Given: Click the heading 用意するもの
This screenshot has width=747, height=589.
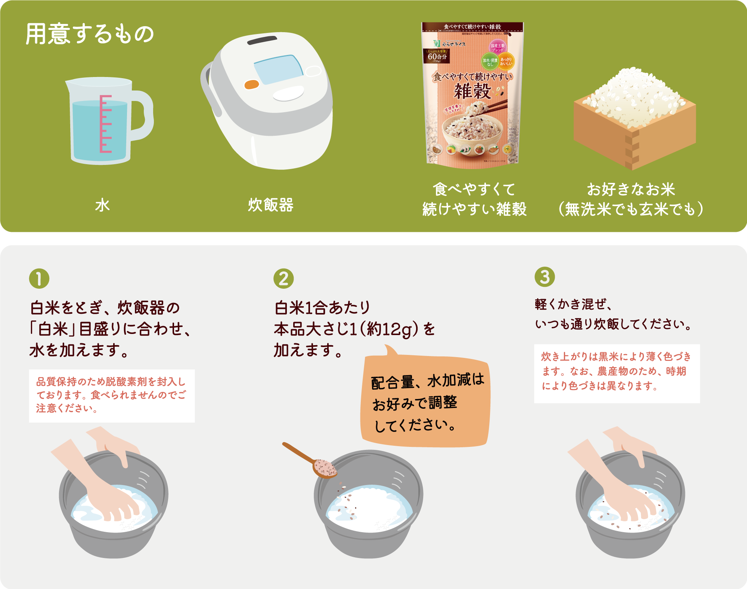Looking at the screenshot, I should [x=90, y=34].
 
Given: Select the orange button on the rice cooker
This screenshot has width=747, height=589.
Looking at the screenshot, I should [x=251, y=85].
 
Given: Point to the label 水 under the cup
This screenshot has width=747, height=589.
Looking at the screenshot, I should [x=102, y=205].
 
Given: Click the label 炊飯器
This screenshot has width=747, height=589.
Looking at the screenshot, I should [x=271, y=205].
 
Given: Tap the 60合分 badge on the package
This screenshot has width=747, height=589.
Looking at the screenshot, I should [x=437, y=56].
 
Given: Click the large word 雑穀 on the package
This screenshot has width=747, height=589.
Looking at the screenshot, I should [x=472, y=91].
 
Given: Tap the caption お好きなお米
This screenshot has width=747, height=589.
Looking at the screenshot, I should [x=631, y=189].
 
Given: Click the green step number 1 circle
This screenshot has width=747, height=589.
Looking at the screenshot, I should [x=39, y=279].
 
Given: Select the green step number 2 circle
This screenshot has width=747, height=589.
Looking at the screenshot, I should [x=283, y=279].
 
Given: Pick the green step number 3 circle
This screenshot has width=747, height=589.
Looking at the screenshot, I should [x=545, y=277].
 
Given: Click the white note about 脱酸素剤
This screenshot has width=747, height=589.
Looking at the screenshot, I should [x=112, y=396].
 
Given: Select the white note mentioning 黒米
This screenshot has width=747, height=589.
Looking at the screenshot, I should [x=617, y=373].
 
